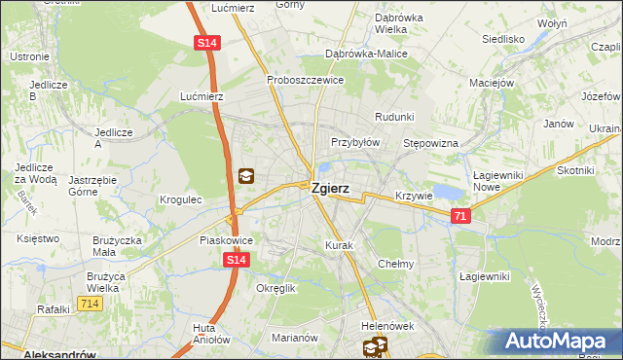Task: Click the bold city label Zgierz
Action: pyautogui.click(x=331, y=191)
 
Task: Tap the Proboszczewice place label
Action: pyautogui.click(x=306, y=80)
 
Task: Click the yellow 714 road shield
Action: pyautogui.click(x=91, y=304)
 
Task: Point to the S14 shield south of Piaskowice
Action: pyautogui.click(x=236, y=260)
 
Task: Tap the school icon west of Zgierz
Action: pyautogui.click(x=246, y=176)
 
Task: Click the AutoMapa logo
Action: pyautogui.click(x=559, y=342)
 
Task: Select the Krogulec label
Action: pyautogui.click(x=180, y=199)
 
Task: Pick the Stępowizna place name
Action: pyautogui.click(x=430, y=143)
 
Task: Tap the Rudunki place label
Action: pyautogui.click(x=394, y=117)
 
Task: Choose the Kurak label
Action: pyautogui.click(x=340, y=245)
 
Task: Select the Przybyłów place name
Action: pyautogui.click(x=355, y=141)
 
